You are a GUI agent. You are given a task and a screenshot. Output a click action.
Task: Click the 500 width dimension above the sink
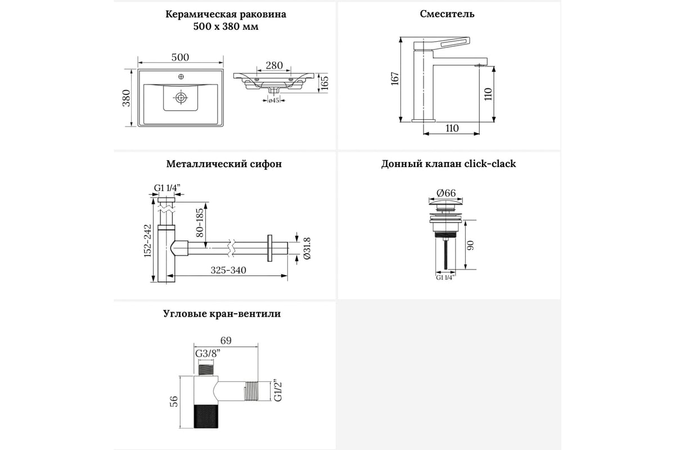180,57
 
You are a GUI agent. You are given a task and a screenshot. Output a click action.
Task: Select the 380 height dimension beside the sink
126,98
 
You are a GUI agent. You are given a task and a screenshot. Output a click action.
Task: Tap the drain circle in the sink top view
181,98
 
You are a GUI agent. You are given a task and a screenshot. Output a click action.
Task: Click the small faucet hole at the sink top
181,76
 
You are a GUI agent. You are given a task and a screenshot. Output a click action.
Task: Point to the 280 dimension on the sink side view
274,65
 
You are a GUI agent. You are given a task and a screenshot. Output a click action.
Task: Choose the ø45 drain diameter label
273,100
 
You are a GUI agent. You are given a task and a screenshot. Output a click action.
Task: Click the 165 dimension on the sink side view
325,83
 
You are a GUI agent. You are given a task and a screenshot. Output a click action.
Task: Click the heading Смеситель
447,14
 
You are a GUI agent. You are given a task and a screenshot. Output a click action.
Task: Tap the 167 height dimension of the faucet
395,79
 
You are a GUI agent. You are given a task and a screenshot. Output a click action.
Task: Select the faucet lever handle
442,44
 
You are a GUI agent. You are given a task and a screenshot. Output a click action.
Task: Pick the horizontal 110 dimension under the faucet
452,128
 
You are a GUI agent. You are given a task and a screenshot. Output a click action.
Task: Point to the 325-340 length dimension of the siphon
228,270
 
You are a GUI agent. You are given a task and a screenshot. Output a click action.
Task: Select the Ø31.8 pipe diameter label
307,249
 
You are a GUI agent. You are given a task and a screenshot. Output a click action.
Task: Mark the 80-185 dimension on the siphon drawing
200,223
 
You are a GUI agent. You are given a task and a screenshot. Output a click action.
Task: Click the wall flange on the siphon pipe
269,248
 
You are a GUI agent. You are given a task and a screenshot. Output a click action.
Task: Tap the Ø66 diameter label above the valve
446,193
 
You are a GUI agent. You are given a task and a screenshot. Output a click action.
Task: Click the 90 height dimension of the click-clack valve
470,245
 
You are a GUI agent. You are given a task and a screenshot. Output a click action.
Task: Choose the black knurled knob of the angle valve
205,417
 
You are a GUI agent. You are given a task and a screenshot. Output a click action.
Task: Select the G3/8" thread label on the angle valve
208,353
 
